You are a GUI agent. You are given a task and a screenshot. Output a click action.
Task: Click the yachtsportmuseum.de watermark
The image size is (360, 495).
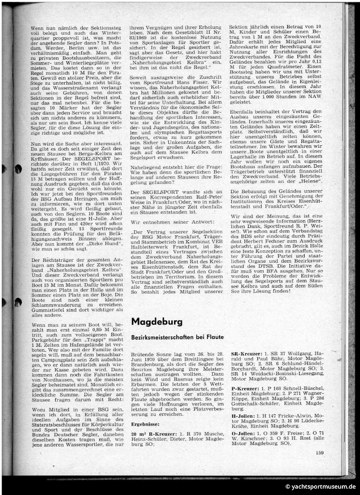pos(321,487)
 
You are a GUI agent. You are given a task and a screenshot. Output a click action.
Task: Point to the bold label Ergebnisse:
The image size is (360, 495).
pos(145,425)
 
